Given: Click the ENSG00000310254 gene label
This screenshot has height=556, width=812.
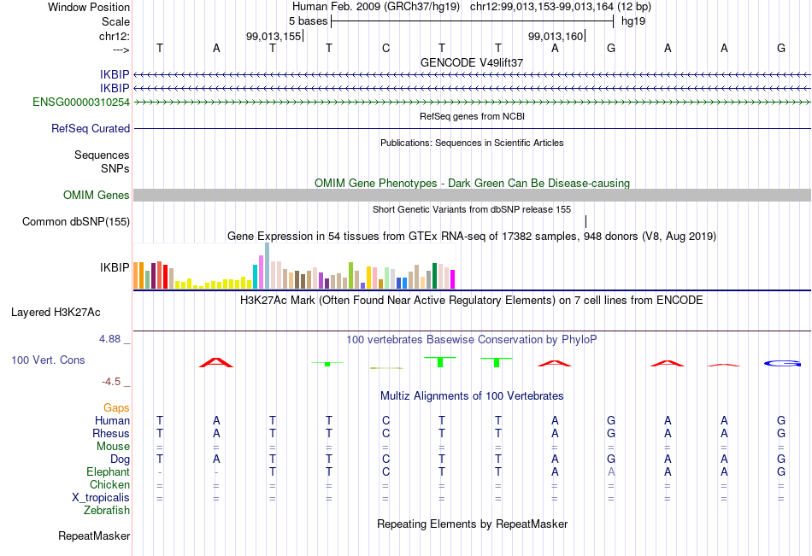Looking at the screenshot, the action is [x=81, y=102].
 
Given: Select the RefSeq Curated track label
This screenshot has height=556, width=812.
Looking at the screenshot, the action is [x=90, y=128].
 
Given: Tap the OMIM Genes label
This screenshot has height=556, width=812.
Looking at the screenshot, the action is [x=96, y=196].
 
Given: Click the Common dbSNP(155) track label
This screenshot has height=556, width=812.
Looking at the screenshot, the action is [x=75, y=221].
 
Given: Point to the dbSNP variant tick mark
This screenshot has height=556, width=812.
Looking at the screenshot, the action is [x=585, y=221].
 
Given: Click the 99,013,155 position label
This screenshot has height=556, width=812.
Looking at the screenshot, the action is [x=273, y=36].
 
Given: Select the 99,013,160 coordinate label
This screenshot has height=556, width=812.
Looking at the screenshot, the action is [x=555, y=36].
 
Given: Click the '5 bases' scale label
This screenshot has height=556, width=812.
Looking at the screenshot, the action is [x=308, y=21].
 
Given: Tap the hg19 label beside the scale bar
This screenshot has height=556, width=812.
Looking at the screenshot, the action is [x=633, y=21].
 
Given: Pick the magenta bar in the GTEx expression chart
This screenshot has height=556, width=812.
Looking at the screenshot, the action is [x=453, y=279].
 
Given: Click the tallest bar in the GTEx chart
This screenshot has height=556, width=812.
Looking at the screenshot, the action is [x=268, y=266].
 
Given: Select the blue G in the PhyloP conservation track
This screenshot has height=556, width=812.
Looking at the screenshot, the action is [x=782, y=364].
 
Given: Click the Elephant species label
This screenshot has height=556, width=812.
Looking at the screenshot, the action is [x=108, y=472].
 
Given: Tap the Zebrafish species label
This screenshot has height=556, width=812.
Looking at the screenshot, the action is [x=107, y=511].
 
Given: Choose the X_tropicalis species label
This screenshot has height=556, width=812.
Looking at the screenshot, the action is [x=101, y=498].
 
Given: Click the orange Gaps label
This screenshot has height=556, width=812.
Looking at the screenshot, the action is [x=116, y=408].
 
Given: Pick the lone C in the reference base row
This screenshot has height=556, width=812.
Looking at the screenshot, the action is [x=385, y=48].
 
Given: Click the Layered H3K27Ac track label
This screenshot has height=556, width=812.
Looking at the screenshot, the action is [x=56, y=313].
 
